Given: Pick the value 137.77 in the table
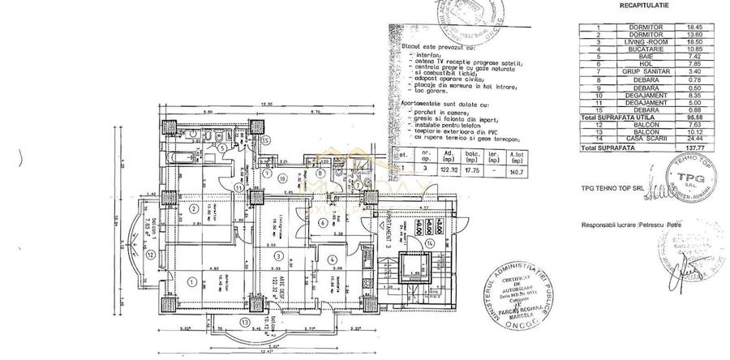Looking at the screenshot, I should [x=694, y=149].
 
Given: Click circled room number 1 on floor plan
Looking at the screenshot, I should [x=191, y=281].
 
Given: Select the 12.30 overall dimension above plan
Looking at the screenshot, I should [x=265, y=105].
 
